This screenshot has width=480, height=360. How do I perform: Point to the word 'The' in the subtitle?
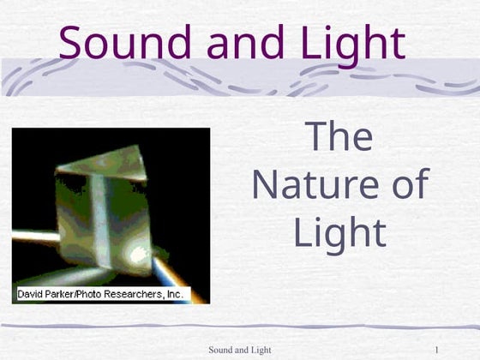click(339, 137)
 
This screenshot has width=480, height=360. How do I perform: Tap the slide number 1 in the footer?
click(437, 350)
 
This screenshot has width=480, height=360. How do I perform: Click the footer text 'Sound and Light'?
click(240, 350)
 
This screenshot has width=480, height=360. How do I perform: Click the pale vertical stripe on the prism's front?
click(101, 214)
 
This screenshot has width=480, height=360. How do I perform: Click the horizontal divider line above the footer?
click(240, 327)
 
